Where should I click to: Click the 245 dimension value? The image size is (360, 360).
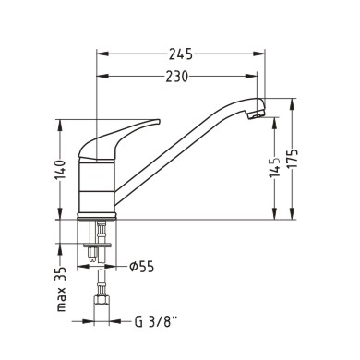pos(181,54)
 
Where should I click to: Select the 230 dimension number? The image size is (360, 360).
pos(176,77)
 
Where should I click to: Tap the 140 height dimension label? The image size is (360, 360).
pos(61,170)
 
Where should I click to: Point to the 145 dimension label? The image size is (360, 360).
pos(274,167)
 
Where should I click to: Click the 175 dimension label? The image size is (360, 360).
pos(293,158)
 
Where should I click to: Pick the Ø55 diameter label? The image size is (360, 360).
pos(141,267)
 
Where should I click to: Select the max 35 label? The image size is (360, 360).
pos(61,289)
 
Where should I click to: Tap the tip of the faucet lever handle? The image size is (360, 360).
pos(159,121)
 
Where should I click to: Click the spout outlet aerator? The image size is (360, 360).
pos(256,115)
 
